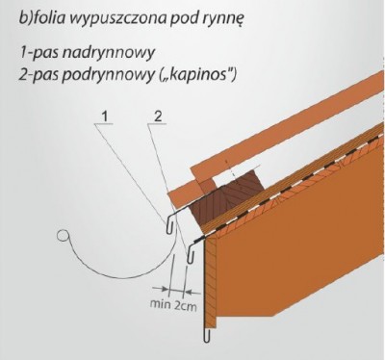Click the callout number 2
(156, 117)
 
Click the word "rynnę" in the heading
(213, 17)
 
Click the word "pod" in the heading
(172, 16)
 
